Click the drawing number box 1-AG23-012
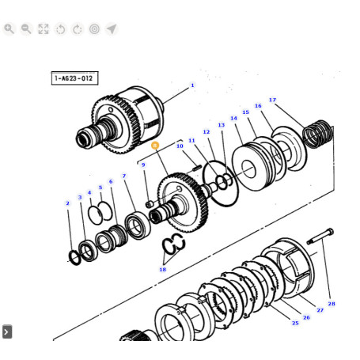(74, 78)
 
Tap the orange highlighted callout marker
(155, 146)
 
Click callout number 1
(192, 85)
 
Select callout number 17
(272, 100)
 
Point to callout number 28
(332, 304)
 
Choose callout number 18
(163, 269)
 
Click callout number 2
(67, 203)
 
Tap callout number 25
(295, 323)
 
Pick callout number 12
(207, 132)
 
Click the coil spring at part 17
(318, 134)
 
